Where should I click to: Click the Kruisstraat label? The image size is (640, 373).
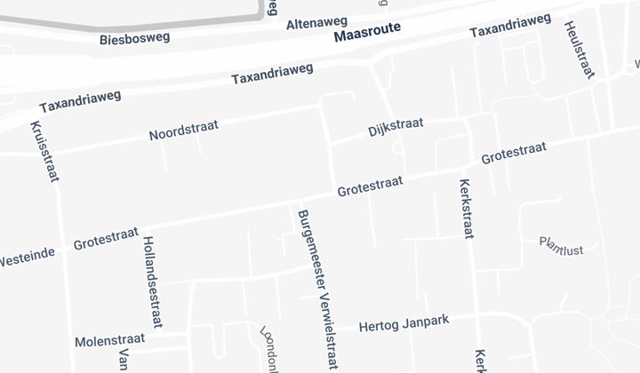[44, 151]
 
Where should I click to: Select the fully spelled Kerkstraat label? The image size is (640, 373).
[464, 209]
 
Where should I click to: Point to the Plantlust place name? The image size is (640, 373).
[561, 246]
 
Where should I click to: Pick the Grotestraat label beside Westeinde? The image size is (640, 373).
[105, 238]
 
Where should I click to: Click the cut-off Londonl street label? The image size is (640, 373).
[268, 349]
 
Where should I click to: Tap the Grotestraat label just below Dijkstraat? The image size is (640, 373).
[370, 186]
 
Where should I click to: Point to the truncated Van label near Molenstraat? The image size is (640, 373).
[122, 360]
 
